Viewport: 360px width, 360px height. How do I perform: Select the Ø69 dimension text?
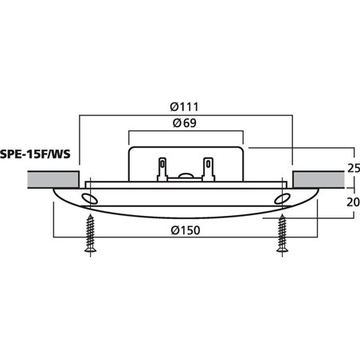point(185,124)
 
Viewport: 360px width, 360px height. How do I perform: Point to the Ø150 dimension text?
point(186,231)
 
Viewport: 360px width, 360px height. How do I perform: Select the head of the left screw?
point(90,253)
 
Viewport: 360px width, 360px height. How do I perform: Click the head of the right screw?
point(281,253)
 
